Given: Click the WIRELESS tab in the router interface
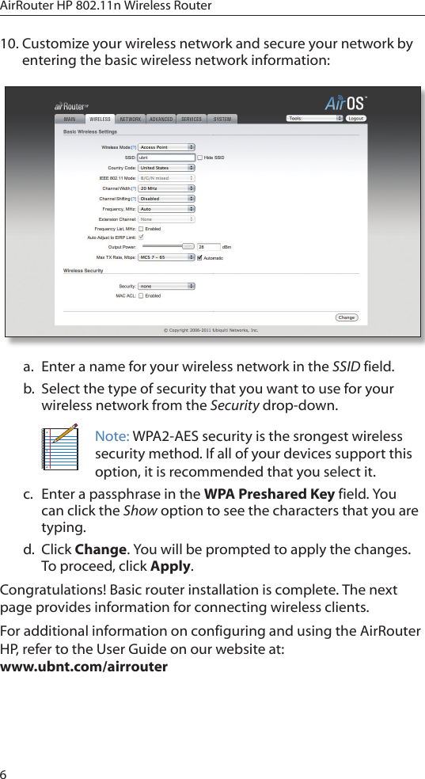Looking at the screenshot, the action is click(100, 119).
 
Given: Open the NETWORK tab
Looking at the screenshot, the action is click(131, 119).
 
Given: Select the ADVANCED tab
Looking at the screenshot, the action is click(161, 119).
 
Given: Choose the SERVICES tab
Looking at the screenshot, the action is click(192, 119).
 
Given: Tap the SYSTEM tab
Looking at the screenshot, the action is click(222, 119).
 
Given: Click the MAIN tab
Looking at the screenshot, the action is click(70, 119).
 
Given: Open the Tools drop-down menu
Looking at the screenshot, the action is click(314, 119).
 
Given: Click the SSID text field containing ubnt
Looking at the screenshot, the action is click(166, 158).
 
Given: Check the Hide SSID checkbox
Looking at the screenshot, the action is click(200, 158).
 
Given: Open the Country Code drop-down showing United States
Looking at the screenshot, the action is click(166, 168).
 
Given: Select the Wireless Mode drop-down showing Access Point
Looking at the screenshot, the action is click(166, 147).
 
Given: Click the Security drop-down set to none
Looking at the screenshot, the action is click(166, 286).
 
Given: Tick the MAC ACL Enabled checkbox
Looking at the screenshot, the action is click(141, 296).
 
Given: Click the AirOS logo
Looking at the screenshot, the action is click(345, 104).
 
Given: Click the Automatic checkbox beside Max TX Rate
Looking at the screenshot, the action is click(199, 258).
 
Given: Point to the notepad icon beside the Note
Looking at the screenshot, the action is click(61, 447).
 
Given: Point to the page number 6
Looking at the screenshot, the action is click(5, 771).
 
